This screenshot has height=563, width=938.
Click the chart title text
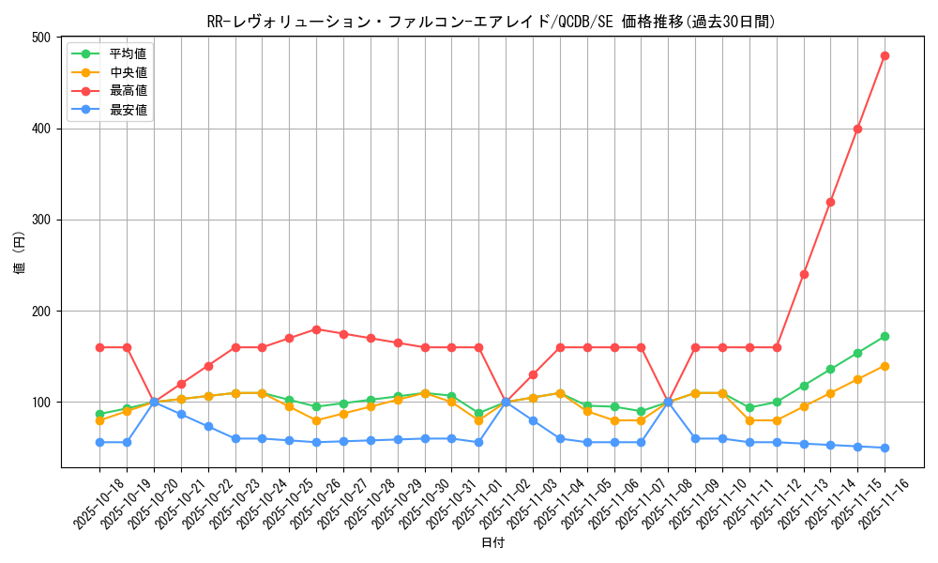491,22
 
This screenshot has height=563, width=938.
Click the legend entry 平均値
128,53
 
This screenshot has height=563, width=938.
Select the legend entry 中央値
128,72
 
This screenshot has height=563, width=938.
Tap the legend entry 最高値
128,91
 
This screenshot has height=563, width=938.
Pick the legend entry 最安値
128,110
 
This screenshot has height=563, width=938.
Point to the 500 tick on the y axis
40,38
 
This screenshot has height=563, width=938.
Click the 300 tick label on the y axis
40,220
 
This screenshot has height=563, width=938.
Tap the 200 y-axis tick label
40,311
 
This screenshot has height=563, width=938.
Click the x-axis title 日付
492,543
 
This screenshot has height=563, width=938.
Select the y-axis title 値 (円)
20,252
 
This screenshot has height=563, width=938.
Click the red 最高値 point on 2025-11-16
885,55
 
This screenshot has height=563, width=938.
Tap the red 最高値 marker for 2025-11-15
857,129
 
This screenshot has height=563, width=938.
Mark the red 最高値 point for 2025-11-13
804,274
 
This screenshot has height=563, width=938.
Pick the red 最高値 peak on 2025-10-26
316,329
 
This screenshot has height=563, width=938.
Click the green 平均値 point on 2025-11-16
885,336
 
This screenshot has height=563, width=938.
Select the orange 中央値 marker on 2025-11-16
885,366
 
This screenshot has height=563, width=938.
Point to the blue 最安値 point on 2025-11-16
885,448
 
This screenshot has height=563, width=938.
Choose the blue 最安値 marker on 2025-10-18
99,442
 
